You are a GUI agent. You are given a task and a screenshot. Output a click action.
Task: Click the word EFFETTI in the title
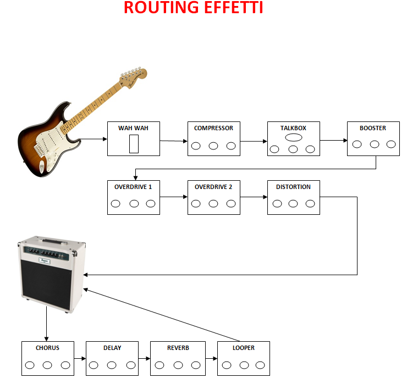233,7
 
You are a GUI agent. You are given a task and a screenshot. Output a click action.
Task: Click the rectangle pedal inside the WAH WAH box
134,144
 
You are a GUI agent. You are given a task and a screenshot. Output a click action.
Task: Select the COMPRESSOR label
213,128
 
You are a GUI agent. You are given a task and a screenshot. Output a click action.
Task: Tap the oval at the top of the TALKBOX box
294,137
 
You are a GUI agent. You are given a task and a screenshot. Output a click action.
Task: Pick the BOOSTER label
373,128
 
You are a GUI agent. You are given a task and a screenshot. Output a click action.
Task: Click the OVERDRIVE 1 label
133,187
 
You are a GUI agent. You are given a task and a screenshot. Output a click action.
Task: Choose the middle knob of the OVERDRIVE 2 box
213,203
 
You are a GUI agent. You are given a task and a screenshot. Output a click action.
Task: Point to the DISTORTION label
293,187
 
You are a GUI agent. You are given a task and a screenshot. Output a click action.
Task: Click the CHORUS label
47,348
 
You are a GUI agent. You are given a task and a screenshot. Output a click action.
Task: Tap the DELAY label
112,348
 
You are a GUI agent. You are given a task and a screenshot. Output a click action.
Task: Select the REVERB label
178,348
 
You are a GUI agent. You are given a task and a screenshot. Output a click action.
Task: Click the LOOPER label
244,348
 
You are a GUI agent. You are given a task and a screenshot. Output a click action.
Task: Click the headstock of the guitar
133,77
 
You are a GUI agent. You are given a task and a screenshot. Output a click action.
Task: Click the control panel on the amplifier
47,252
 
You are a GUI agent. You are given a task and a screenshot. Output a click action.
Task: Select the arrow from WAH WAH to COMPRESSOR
174,141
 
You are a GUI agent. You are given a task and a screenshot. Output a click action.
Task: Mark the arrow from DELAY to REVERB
144,359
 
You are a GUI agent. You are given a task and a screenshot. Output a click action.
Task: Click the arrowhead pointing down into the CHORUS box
46,339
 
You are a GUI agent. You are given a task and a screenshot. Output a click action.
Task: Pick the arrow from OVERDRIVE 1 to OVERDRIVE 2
174,197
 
